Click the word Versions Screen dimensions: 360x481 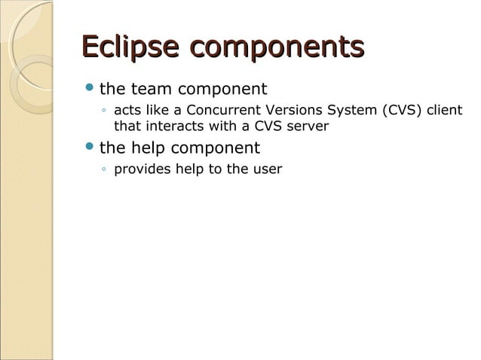[302, 111]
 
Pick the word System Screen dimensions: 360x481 [360, 111]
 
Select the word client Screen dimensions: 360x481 [446, 111]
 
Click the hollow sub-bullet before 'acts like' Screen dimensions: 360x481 [103, 112]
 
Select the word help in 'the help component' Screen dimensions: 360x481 [152, 148]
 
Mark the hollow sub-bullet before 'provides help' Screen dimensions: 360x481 [103, 169]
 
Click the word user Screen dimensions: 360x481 [267, 169]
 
